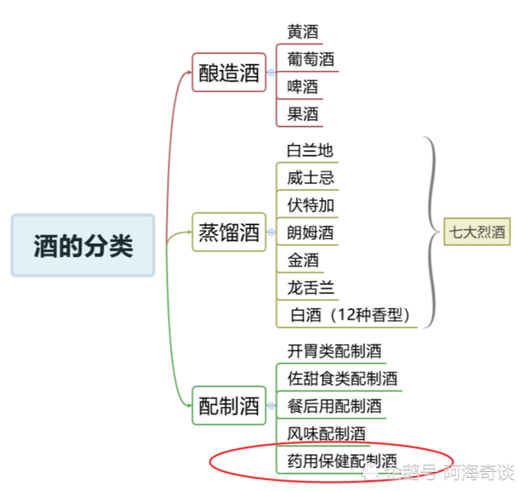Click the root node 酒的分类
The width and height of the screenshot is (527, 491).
(83, 245)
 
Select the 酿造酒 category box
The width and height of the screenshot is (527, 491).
(229, 72)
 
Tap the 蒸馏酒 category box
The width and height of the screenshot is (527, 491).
(229, 232)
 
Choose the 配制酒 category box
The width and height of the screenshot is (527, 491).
(229, 405)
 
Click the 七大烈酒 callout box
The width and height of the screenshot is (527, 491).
(477, 231)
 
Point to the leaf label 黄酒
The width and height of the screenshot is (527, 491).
(302, 31)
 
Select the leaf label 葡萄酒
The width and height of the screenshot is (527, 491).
(310, 59)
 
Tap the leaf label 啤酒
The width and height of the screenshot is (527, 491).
(302, 87)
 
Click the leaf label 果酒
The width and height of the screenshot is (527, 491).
(302, 114)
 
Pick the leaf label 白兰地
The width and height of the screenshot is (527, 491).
(310, 150)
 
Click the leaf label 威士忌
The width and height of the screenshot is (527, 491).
(310, 178)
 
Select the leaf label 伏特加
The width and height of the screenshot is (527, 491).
(310, 205)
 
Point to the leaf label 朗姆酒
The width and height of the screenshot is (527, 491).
(310, 232)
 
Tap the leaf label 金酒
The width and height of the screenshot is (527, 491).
(303, 260)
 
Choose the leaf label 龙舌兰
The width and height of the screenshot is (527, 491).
(310, 288)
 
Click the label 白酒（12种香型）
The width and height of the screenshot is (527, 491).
(350, 316)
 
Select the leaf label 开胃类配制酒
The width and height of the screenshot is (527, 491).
(334, 351)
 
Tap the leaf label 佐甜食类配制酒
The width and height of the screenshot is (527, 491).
(343, 379)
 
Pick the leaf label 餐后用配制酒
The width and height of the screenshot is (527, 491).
(334, 406)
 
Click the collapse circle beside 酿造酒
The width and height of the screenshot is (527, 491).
(271, 72)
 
